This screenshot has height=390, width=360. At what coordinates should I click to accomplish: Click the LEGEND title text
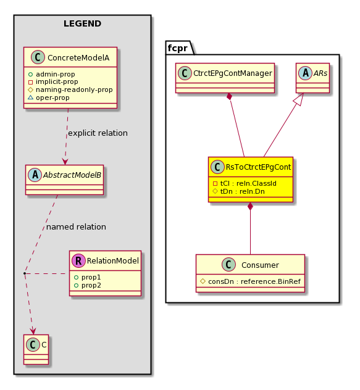point(82,23)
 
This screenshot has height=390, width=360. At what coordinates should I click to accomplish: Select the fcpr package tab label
point(177,48)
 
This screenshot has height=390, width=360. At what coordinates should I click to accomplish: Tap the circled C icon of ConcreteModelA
point(38,57)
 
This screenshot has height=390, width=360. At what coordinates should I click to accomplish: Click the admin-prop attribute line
point(51,74)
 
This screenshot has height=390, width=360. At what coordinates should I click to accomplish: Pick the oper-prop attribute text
point(52,97)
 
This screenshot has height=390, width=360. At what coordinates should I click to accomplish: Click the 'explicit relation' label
point(98,133)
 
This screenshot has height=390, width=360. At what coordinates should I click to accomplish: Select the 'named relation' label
point(76,227)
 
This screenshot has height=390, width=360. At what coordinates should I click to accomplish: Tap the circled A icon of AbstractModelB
point(35,175)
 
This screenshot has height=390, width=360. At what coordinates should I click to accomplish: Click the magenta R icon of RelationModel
point(78,260)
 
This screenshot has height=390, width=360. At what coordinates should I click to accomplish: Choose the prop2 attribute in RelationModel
point(91,285)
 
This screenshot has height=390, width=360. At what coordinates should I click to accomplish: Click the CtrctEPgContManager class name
point(233,73)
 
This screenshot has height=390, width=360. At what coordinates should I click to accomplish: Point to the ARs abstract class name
point(320,73)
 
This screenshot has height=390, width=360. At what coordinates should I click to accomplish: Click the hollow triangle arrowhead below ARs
point(300,99)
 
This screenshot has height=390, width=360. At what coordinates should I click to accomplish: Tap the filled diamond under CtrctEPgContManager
point(229,97)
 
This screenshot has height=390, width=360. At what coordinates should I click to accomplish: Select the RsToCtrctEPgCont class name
point(258,167)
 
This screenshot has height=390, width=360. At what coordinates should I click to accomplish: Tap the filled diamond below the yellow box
point(250,206)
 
